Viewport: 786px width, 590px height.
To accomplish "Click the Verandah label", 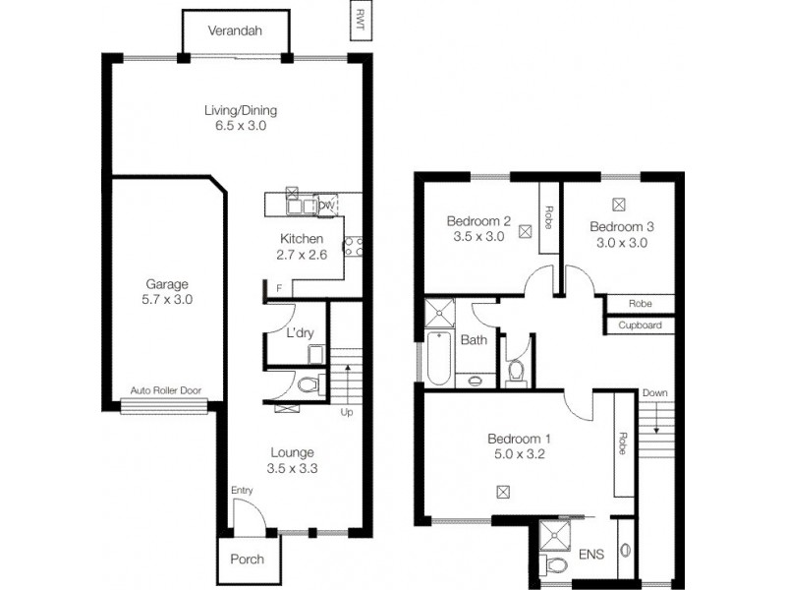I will click(x=235, y=30).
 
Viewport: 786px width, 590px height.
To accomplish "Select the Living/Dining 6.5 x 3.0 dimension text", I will click(x=235, y=126).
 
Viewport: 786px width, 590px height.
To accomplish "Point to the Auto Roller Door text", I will click(x=166, y=390).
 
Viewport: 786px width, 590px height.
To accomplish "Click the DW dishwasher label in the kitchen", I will click(x=326, y=205).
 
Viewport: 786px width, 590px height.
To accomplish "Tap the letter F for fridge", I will click(x=280, y=288).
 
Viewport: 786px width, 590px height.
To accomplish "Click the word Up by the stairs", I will click(x=346, y=412).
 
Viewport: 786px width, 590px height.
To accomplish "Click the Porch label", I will click(x=247, y=560).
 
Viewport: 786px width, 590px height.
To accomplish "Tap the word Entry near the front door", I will click(x=242, y=490).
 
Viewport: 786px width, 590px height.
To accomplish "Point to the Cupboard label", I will click(x=640, y=325).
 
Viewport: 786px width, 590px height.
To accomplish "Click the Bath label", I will click(x=474, y=340).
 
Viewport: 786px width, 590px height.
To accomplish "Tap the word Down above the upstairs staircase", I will click(x=654, y=393).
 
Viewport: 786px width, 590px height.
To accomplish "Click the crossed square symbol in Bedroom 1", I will click(x=504, y=490).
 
